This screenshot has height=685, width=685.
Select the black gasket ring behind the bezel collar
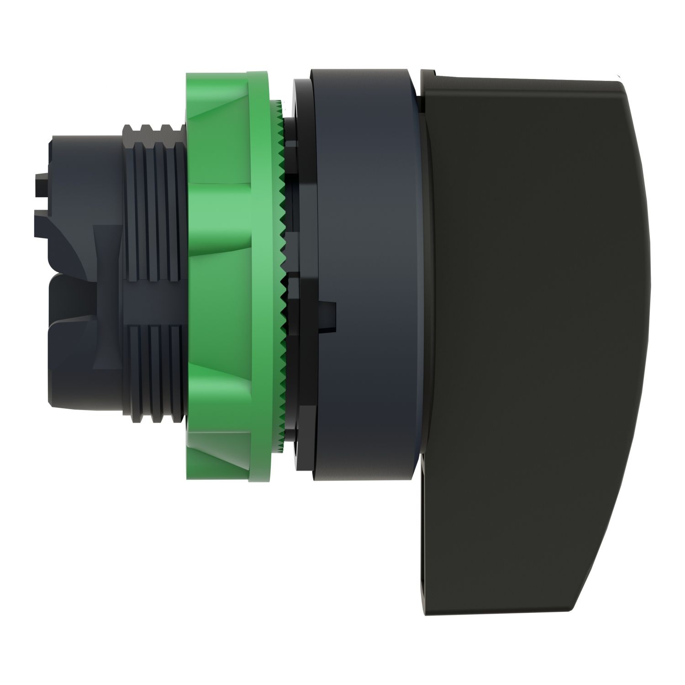[x=301, y=274]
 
